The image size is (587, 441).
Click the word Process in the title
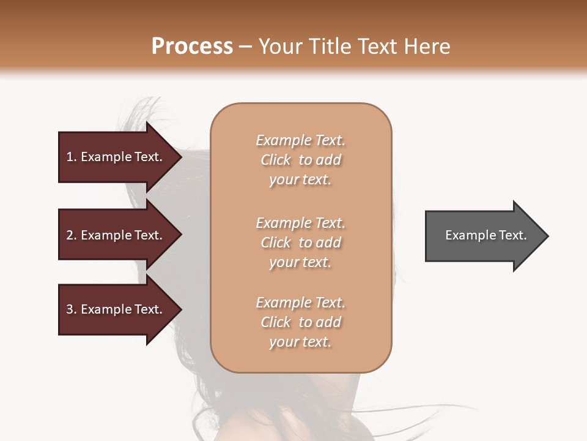(x=192, y=47)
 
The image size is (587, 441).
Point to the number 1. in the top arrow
(x=72, y=157)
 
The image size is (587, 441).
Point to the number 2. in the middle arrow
(x=72, y=235)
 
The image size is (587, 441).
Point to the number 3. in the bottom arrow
(x=72, y=309)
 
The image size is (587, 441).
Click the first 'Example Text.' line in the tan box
(x=300, y=140)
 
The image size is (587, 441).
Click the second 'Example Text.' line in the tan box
(x=300, y=222)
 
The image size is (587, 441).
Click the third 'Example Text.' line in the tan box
(x=300, y=303)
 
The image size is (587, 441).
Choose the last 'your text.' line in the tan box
(x=300, y=342)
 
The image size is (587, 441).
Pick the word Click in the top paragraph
(x=276, y=160)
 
